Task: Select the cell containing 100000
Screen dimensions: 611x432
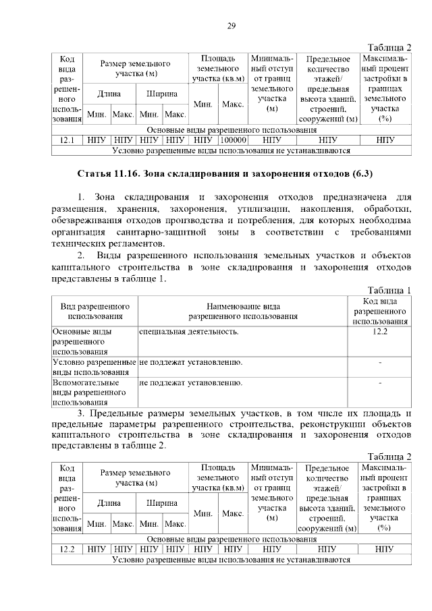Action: [x=232, y=140]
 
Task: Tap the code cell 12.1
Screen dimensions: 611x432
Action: [x=66, y=140]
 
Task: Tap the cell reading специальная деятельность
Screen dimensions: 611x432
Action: [x=188, y=332]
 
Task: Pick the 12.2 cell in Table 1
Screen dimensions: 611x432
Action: [x=379, y=332]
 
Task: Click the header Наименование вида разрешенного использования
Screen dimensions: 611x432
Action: [x=242, y=310]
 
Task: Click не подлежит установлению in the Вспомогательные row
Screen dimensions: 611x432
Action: [x=191, y=383]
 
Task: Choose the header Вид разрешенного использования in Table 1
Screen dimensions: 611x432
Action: [x=95, y=310]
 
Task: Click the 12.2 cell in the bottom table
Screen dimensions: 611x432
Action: [x=66, y=549]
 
